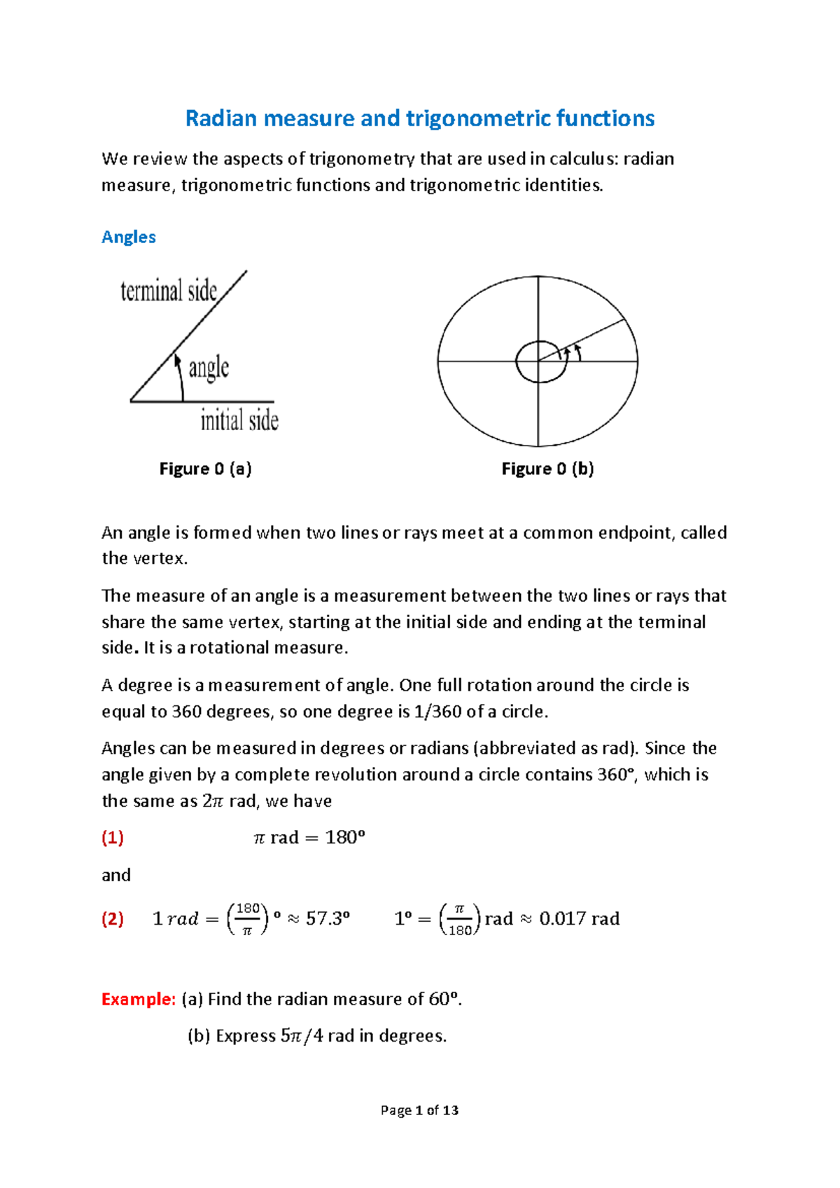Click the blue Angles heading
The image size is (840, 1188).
(x=129, y=237)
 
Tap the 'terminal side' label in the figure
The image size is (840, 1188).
(x=169, y=291)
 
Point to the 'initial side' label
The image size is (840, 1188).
(x=239, y=420)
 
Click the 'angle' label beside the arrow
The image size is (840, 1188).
(x=209, y=367)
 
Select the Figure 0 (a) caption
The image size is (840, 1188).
(x=205, y=469)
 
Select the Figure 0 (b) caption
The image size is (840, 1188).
(x=547, y=469)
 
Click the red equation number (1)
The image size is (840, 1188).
(x=113, y=837)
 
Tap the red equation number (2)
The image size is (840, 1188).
(x=113, y=918)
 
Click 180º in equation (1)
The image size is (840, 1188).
(x=345, y=838)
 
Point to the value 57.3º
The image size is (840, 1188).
(x=328, y=918)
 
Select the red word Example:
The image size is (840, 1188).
(x=138, y=999)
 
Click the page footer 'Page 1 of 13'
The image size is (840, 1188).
(x=419, y=1110)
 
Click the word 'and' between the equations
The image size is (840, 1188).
(x=116, y=875)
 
